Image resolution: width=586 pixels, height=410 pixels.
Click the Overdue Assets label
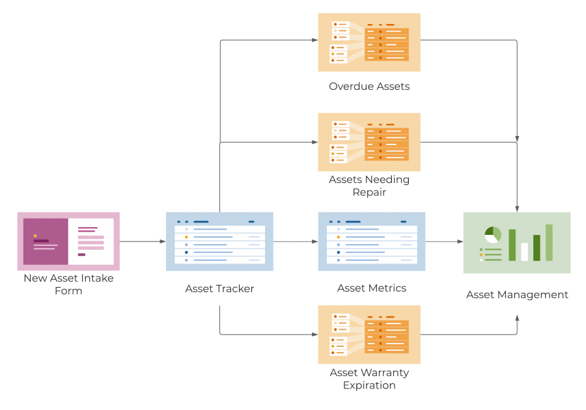[369, 86]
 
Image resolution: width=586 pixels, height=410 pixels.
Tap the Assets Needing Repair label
[369, 185]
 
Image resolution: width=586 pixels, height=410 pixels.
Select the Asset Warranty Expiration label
[369, 379]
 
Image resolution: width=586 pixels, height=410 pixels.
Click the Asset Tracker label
[219, 288]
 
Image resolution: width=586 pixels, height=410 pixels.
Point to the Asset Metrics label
[372, 288]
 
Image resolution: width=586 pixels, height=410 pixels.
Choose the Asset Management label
[517, 295]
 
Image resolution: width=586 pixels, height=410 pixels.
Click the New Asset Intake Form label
[68, 284]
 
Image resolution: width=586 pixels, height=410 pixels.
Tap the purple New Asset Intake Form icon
[68, 241]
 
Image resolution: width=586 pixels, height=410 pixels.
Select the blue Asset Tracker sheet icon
[219, 241]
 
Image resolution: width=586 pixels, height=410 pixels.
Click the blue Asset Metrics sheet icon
[372, 241]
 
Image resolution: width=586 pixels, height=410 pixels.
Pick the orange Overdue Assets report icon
[369, 42]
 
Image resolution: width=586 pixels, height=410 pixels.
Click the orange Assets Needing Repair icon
[369, 142]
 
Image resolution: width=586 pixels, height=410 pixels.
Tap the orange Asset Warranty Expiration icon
[369, 335]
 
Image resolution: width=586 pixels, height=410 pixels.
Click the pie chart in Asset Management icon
[493, 234]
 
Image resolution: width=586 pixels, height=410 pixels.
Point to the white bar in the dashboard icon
[525, 251]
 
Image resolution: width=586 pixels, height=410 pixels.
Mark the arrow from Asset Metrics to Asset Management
[444, 241]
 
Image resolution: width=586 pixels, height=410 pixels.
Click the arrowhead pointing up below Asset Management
[518, 318]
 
